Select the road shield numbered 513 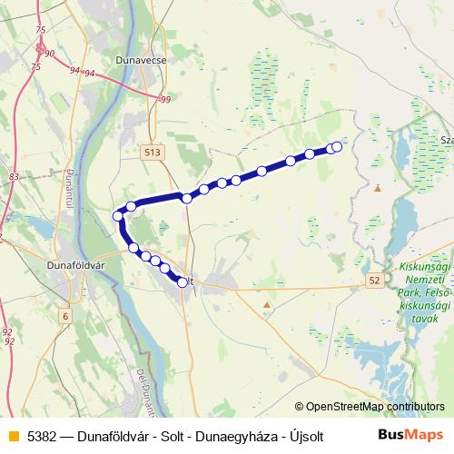(x=152, y=154)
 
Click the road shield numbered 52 (x=375, y=282)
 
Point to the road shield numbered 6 (x=64, y=315)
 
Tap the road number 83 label (x=13, y=176)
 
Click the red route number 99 (x=164, y=99)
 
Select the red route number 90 (x=48, y=54)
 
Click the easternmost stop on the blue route (x=337, y=146)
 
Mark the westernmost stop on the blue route (x=117, y=215)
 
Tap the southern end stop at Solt (x=183, y=282)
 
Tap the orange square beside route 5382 (x=12, y=435)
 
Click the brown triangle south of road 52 (x=266, y=305)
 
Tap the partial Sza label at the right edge (x=446, y=141)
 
